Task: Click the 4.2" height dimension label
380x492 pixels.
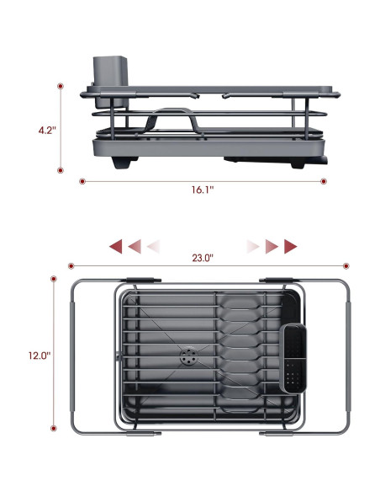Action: pos(46,131)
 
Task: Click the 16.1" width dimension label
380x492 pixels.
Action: pos(203,190)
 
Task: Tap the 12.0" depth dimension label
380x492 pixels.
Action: pos(39,355)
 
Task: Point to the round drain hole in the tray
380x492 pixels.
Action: pos(186,357)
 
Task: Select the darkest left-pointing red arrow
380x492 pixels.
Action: pos(116,246)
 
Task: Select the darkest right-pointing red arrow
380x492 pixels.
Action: pos(291,246)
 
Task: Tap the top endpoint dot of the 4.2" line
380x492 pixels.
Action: pos(61,86)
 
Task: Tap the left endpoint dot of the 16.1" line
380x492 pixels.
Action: pos(82,180)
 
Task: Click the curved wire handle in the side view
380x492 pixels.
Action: pos(176,118)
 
